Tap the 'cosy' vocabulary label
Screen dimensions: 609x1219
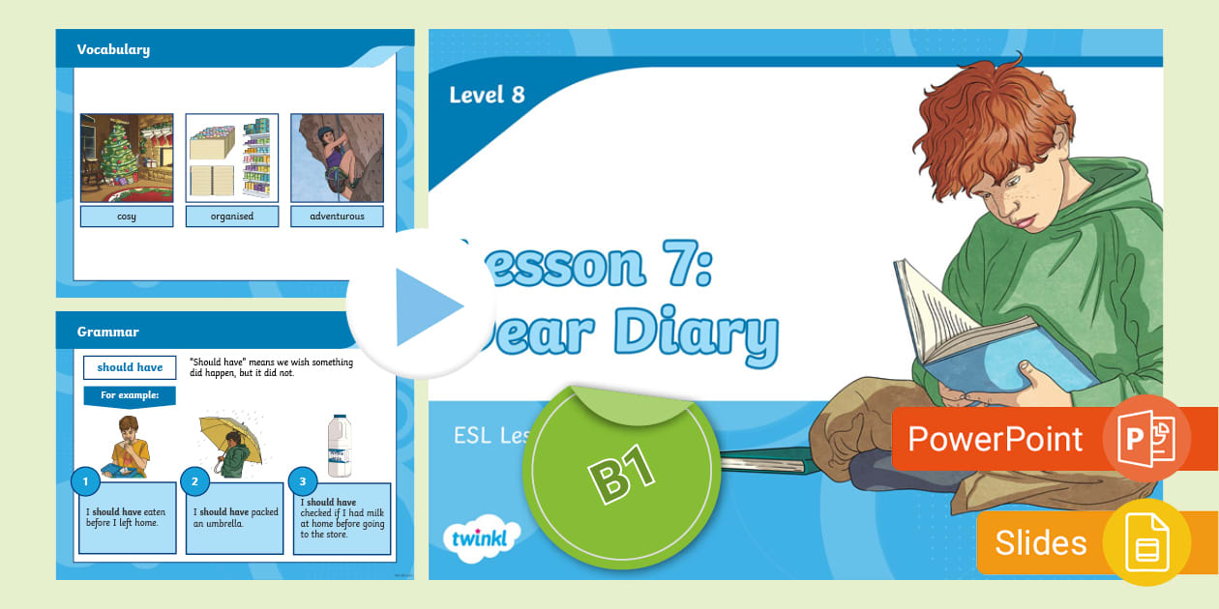(127, 217)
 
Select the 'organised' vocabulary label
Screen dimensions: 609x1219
(232, 217)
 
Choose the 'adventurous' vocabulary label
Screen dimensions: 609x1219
(337, 217)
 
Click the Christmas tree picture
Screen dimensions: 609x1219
(127, 158)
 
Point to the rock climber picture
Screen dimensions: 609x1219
(337, 158)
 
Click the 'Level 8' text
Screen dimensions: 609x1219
(487, 95)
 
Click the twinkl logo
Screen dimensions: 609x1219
(481, 539)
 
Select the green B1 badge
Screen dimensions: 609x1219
(619, 474)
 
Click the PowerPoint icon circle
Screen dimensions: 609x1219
(1146, 438)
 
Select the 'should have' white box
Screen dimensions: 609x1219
(130, 367)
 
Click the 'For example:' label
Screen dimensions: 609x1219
(130, 395)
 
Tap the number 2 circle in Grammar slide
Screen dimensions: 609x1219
(194, 480)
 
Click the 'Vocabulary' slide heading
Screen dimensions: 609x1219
(113, 49)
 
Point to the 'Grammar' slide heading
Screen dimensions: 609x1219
(108, 332)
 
